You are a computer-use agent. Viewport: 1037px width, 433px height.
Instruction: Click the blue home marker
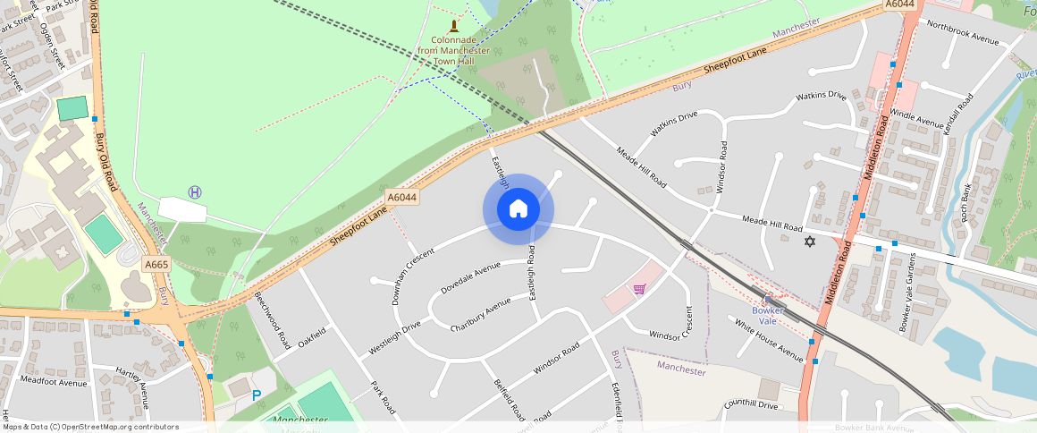pos(518,209)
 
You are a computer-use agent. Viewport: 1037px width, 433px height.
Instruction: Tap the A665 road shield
pos(156,264)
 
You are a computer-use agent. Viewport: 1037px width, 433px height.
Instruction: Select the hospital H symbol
pos(195,192)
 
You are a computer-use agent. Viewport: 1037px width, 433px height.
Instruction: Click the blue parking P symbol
pos(257,395)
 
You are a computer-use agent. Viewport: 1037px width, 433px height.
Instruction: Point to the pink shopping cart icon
pos(639,288)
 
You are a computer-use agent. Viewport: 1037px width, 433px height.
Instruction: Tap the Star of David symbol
pos(811,242)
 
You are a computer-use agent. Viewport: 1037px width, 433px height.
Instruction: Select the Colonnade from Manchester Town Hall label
pos(460,46)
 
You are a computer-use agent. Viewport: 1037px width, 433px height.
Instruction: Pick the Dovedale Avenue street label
pos(470,277)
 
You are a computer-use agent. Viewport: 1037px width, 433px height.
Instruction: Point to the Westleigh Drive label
pos(394,340)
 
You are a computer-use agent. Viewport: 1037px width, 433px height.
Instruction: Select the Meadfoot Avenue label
pos(54,382)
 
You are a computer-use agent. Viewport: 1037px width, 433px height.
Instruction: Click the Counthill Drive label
pos(752,405)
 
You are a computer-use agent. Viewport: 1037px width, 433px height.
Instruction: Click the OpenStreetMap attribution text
pos(90,427)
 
